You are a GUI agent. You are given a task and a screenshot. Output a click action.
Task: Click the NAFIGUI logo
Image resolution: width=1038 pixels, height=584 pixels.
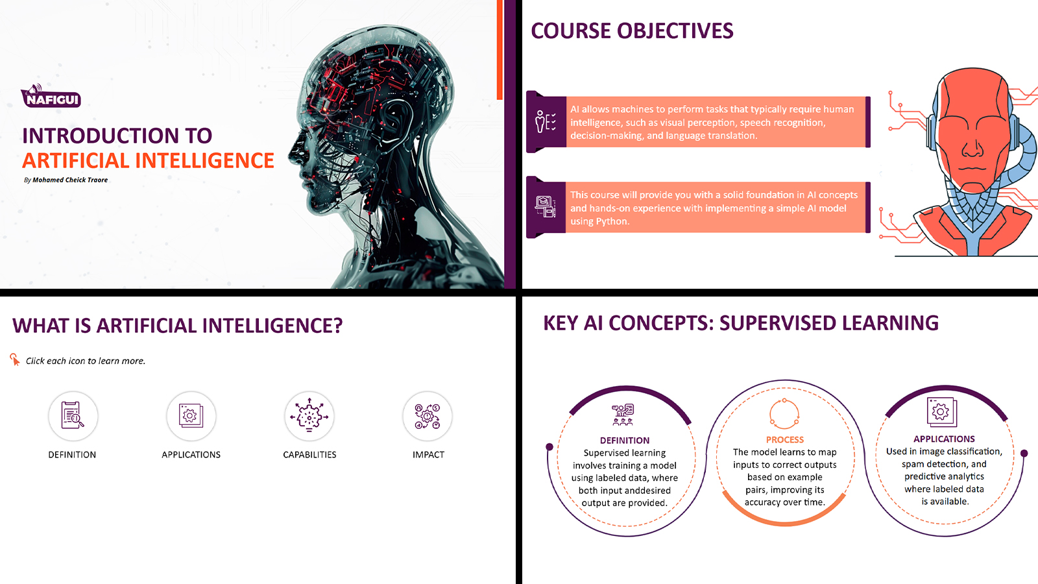pyautogui.click(x=51, y=96)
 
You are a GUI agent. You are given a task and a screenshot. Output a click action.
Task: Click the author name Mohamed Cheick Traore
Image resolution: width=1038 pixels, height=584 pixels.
pyautogui.click(x=70, y=180)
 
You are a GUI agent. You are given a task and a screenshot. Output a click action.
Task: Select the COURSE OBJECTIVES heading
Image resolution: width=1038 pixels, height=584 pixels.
pyautogui.click(x=632, y=31)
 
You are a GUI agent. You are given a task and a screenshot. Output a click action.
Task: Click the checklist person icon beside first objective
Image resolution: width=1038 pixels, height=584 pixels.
pyautogui.click(x=546, y=122)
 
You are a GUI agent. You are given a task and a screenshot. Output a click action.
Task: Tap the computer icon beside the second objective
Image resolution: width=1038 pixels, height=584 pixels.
pyautogui.click(x=546, y=206)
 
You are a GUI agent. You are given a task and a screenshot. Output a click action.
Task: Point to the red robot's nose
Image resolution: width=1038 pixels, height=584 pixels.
pyautogui.click(x=972, y=149)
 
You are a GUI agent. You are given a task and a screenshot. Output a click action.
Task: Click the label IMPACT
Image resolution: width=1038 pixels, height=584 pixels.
pyautogui.click(x=428, y=455)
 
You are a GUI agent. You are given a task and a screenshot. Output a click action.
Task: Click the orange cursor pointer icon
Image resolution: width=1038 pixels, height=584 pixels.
pyautogui.click(x=15, y=359)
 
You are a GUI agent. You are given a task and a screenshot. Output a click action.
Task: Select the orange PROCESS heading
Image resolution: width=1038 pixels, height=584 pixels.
pyautogui.click(x=784, y=440)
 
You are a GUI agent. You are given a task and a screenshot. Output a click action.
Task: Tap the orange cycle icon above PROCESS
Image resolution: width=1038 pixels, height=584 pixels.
pyautogui.click(x=784, y=413)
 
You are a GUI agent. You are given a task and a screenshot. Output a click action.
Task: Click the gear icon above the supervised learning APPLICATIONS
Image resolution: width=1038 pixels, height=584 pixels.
pyautogui.click(x=941, y=411)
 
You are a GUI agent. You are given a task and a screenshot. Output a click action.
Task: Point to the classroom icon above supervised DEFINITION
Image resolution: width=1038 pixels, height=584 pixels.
pyautogui.click(x=623, y=415)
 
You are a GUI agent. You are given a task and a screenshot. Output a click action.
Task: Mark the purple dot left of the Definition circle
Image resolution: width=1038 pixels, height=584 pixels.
pyautogui.click(x=549, y=447)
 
